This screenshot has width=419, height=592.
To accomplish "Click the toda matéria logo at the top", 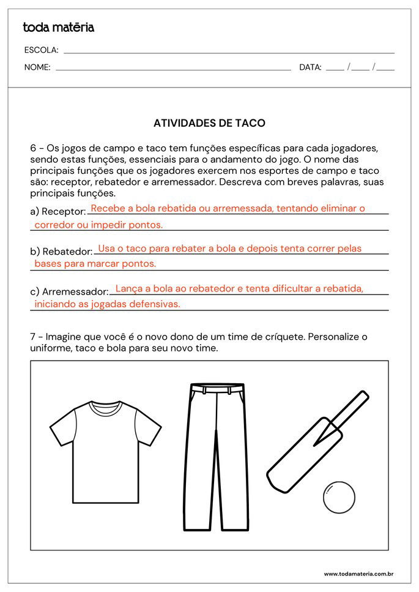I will point(59,27).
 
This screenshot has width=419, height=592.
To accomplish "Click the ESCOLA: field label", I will point(41,50).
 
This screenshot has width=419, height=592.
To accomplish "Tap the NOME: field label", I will point(37,67).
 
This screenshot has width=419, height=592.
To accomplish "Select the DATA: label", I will point(310,67).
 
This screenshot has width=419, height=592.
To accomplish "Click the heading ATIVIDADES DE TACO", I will point(209,123).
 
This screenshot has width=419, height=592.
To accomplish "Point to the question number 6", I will point(33,148).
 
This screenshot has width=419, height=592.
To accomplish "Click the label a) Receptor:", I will point(57,211).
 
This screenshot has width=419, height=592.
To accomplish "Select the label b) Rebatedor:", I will point(61,252).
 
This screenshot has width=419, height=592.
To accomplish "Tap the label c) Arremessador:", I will point(69,291).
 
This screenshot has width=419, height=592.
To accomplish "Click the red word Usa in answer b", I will point(107,249).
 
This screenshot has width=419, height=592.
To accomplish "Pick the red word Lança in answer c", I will point(128,288).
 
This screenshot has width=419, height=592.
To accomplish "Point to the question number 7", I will point(33,337).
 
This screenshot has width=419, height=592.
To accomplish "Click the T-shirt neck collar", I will point(97,407).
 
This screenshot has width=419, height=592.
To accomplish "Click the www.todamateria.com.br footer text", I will point(358,574).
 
